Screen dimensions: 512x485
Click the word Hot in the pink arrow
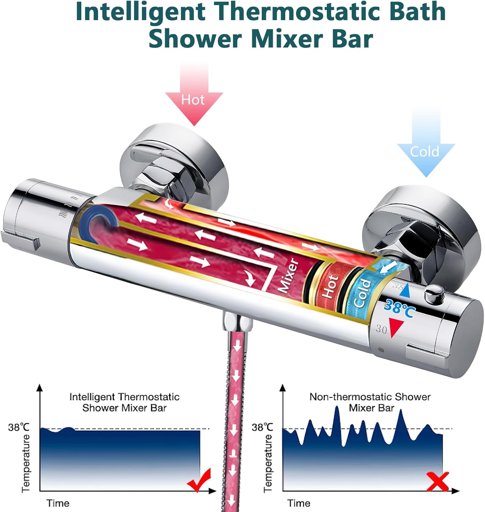(193, 100)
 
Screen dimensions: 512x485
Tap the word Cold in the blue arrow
(425, 151)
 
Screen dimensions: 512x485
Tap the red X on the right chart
(438, 481)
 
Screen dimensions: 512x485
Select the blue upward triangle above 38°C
(404, 291)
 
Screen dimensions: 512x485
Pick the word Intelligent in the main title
(140, 12)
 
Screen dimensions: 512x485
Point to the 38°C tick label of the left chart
(19, 427)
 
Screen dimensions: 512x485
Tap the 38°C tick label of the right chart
(262, 427)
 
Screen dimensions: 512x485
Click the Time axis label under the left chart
(58, 503)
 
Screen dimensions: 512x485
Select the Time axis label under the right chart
(299, 503)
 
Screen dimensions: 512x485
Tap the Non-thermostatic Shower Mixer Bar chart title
(370, 402)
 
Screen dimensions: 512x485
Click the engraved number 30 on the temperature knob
(381, 329)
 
